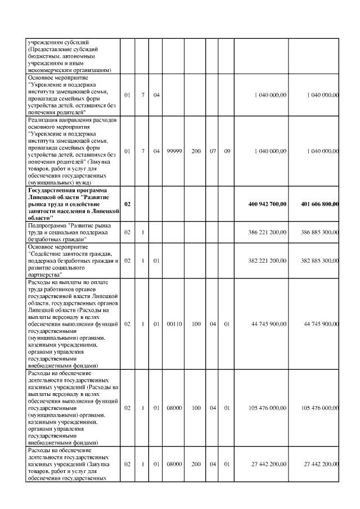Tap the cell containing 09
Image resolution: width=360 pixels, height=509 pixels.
227,152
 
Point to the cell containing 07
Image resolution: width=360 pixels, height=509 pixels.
213,152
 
